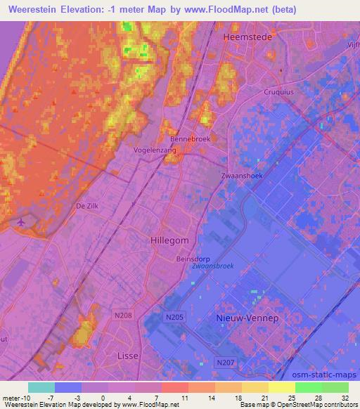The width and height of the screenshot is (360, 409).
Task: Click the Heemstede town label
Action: click(243, 36)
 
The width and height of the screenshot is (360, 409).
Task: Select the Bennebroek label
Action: click(190, 139)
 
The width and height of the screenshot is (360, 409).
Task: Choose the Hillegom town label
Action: click(169, 240)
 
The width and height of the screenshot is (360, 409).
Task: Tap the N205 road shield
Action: click(176, 318)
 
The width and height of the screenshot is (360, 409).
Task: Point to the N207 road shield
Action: click(224, 362)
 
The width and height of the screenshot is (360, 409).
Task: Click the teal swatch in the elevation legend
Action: click(41, 387)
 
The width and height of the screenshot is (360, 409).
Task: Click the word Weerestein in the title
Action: click(34, 10)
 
